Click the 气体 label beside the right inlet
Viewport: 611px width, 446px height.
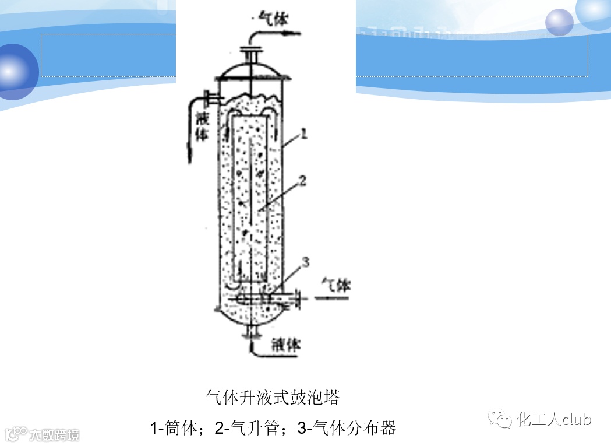coord(337,285)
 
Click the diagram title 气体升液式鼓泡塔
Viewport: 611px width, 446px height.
coord(273,398)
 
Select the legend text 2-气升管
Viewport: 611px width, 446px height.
coord(248,428)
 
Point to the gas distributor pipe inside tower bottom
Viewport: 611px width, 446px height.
coord(262,297)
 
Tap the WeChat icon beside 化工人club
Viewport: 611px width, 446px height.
coord(500,419)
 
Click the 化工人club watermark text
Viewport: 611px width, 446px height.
coord(554,419)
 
